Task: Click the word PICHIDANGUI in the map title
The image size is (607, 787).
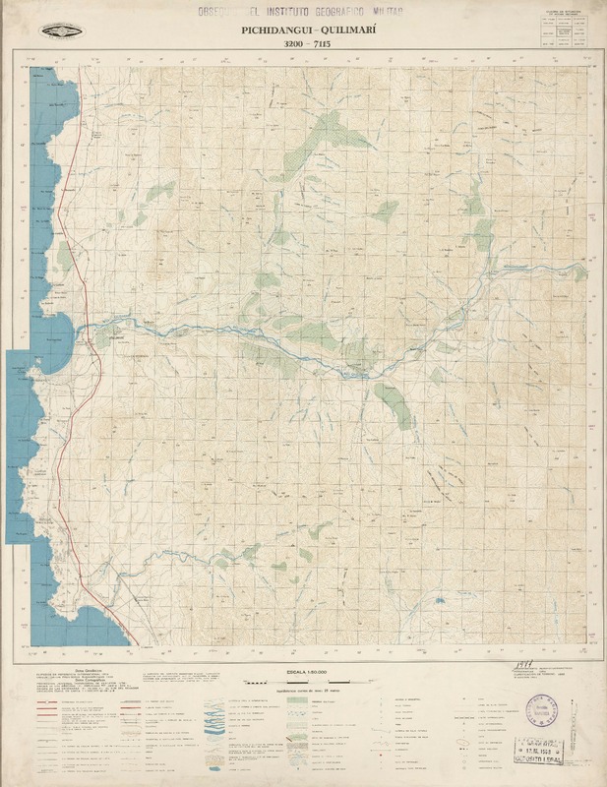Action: pos(267,30)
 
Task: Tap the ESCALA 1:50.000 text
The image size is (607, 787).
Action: pos(303,670)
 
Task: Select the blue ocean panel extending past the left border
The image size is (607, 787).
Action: pos(19,443)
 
